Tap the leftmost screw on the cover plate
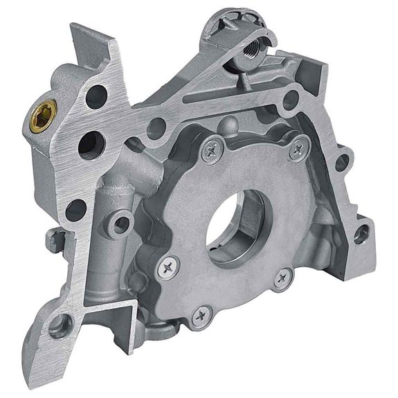[x=168, y=267]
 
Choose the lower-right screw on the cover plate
[x=282, y=279]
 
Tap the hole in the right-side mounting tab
[x=361, y=235]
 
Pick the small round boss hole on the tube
[x=123, y=223]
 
